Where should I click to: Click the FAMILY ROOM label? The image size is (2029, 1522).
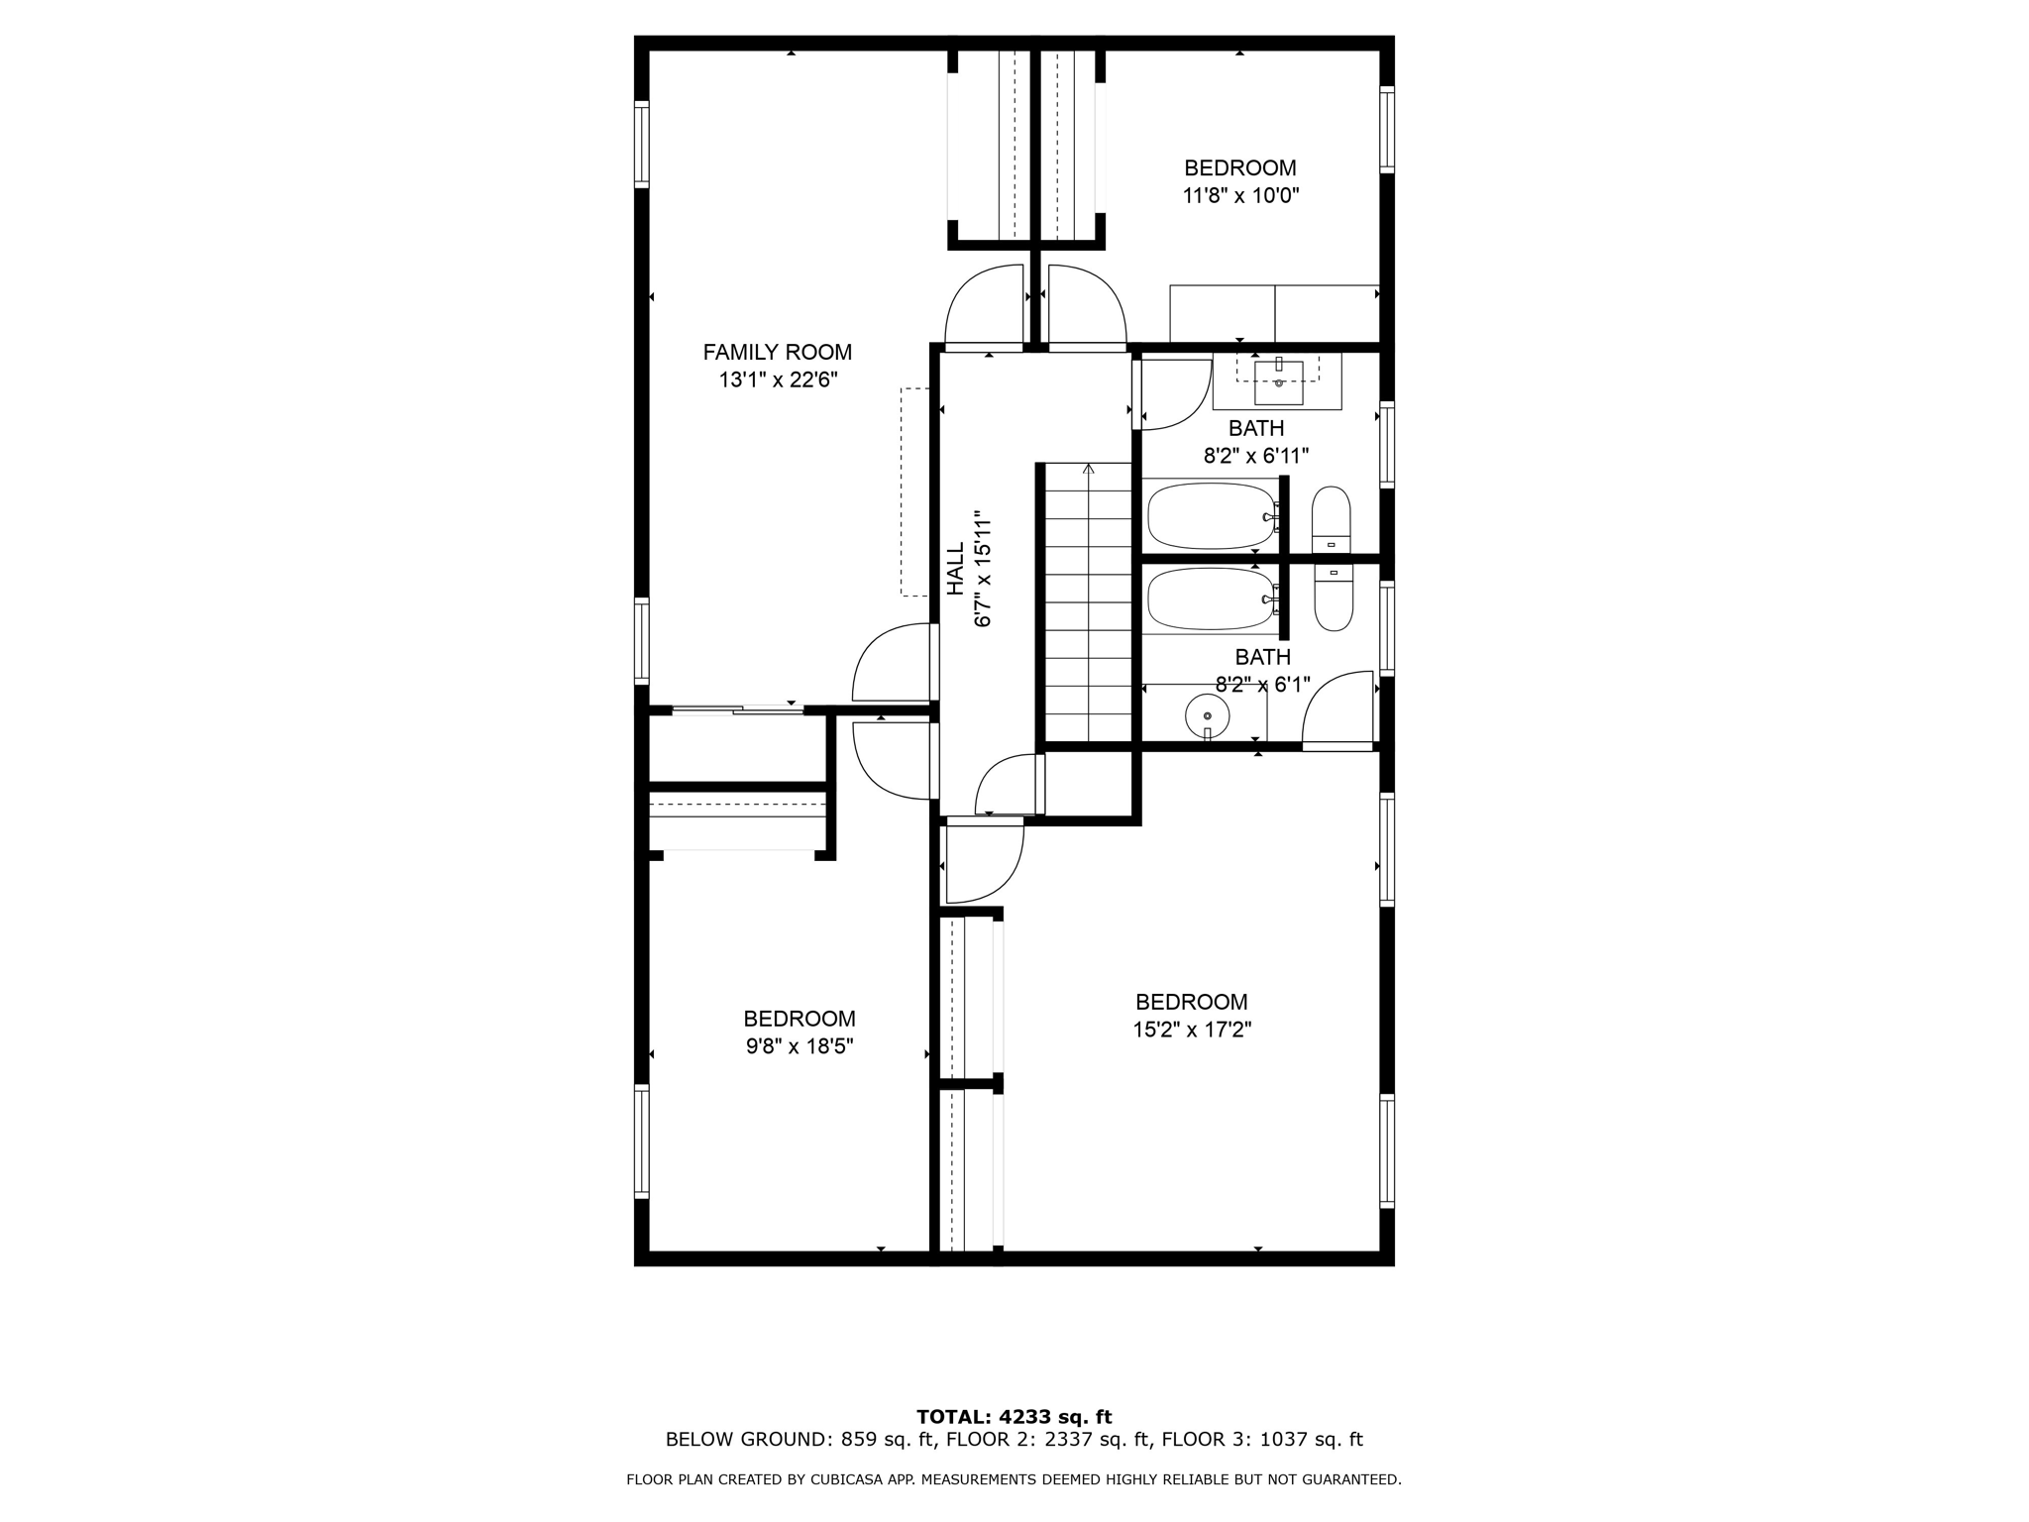777,352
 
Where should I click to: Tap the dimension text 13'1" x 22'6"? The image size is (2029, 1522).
778,380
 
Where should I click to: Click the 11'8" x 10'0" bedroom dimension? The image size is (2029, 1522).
1240,196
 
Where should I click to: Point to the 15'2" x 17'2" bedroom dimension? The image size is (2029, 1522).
1192,1030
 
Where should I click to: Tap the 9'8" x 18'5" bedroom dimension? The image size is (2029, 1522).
800,1046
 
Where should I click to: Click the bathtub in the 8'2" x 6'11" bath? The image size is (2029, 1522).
1211,515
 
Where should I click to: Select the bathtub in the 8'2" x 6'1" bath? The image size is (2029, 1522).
1211,598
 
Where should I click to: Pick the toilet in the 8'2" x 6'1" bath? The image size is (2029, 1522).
1334,598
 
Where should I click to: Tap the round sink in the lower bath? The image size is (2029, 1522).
1207,714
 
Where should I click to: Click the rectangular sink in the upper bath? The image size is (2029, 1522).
1278,382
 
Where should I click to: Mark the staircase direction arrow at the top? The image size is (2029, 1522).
1089,469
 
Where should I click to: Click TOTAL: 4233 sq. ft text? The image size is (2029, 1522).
1014,1417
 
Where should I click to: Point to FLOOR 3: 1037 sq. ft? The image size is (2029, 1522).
1261,1440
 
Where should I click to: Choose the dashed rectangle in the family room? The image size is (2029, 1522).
913,491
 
